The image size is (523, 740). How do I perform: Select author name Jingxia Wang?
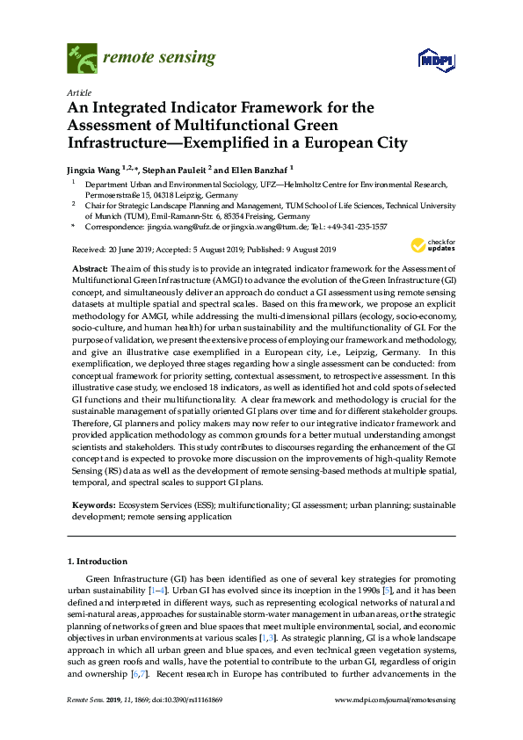click(x=97, y=170)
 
